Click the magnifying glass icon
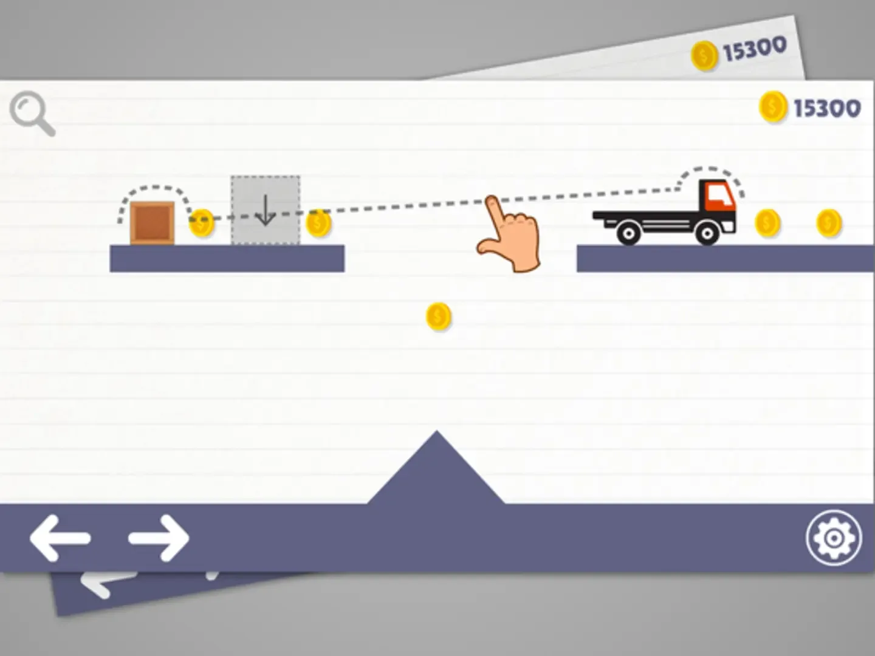point(32,114)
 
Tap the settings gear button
point(834,538)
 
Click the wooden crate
point(153,223)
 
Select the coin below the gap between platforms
point(439,316)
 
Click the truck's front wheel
point(707,233)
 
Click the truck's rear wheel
point(629,233)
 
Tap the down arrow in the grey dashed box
point(266,210)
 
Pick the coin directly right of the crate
point(202,223)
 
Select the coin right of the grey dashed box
point(318,223)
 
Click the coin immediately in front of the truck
point(768,223)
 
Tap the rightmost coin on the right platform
point(829,223)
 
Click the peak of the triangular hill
point(436,431)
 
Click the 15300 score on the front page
point(827,108)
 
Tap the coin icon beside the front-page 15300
point(773,106)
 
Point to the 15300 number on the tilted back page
point(755,49)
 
